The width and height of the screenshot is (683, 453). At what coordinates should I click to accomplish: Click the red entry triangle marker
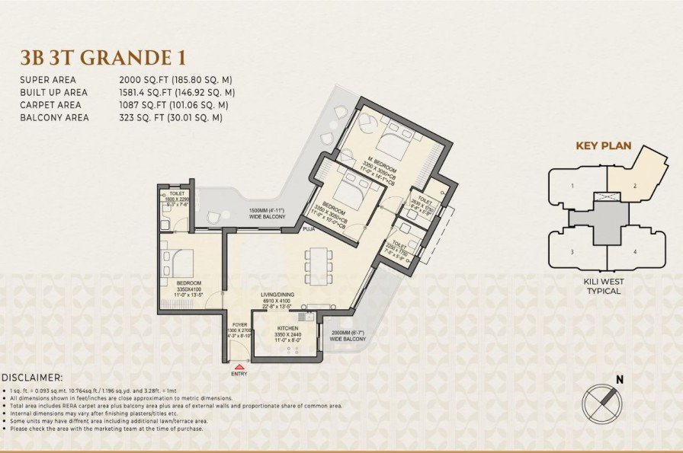[x=239, y=367]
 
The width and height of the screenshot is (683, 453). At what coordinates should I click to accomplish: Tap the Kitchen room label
[x=288, y=328]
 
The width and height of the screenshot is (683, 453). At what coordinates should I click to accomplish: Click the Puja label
[x=309, y=228]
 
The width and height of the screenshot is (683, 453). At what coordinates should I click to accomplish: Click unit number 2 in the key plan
[x=633, y=185]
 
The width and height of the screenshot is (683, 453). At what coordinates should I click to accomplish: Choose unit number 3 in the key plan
[x=572, y=250]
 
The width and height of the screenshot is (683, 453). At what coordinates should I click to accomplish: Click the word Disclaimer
[x=33, y=377]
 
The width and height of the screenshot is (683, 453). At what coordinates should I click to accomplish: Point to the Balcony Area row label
[x=55, y=118]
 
